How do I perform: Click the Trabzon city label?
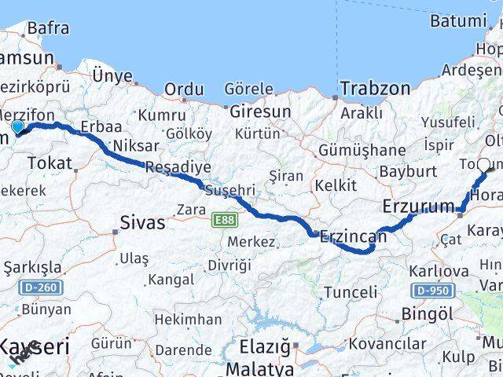[376, 88]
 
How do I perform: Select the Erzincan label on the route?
[353, 235]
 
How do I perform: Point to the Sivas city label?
[143, 222]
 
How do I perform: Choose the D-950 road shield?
[433, 291]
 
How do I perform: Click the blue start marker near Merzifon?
[18, 126]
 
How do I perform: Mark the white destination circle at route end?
[483, 165]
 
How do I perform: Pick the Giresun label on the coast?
[260, 112]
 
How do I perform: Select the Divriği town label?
[229, 265]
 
